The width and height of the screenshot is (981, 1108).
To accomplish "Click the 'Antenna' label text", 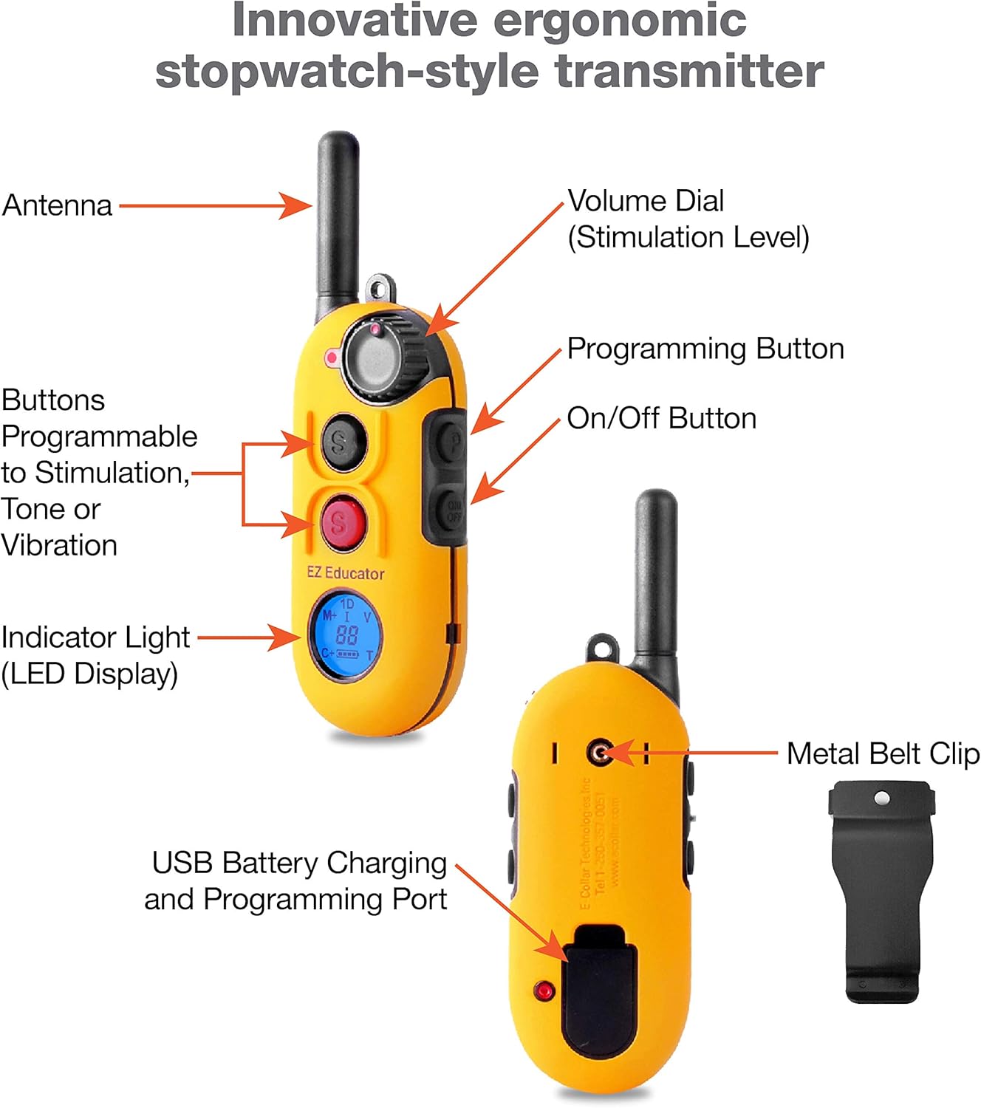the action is pyautogui.click(x=58, y=205).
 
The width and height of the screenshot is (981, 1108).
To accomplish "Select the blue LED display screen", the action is pyautogui.click(x=346, y=635).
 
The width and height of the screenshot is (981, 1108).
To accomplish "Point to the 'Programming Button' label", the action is pyautogui.click(x=705, y=349).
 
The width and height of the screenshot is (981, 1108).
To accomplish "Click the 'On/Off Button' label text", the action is pyautogui.click(x=661, y=418).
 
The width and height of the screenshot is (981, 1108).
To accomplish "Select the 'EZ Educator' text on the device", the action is pyautogui.click(x=346, y=573).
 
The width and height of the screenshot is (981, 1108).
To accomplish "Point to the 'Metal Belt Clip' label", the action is pyautogui.click(x=882, y=753).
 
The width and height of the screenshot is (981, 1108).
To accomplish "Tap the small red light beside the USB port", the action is pyautogui.click(x=544, y=991).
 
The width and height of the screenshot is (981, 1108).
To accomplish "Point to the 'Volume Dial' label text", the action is pyautogui.click(x=646, y=201).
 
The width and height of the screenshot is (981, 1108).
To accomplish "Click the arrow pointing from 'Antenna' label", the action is pyautogui.click(x=214, y=205).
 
